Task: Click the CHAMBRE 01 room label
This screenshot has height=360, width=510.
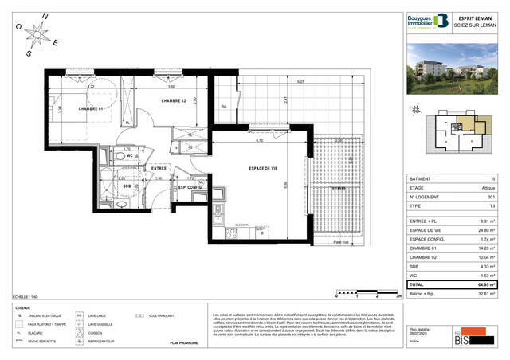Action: click(92, 109)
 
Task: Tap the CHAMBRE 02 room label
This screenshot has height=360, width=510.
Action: click(173, 101)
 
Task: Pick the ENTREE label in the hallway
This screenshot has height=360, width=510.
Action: click(159, 169)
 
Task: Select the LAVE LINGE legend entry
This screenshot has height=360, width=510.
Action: click(100, 315)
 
